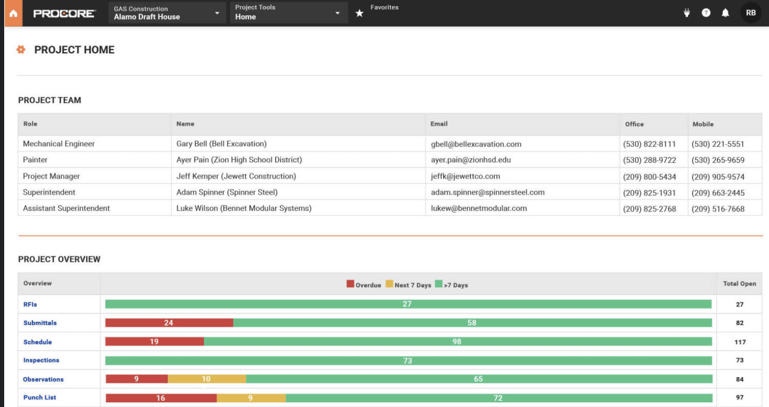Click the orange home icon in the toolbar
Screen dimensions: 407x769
point(13,14)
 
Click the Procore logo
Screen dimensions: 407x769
point(64,14)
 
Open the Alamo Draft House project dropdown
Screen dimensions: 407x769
point(167,13)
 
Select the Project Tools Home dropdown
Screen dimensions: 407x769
point(288,13)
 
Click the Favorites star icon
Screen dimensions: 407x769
point(359,14)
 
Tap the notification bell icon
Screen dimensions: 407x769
point(725,13)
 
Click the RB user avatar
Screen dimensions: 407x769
point(751,13)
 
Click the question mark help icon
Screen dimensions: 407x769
point(706,13)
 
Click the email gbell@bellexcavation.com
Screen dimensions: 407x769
point(476,144)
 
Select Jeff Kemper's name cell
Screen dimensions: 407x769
point(236,176)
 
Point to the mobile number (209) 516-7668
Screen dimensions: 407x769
point(718,209)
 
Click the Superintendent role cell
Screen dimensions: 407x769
point(49,193)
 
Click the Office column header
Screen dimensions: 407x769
point(634,124)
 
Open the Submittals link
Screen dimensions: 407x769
point(40,323)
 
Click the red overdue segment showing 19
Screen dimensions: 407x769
point(154,342)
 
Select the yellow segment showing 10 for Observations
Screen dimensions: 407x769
point(206,379)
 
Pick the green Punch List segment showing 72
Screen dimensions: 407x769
point(498,398)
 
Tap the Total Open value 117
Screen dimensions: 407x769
point(739,342)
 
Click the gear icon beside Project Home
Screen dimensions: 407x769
point(21,50)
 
